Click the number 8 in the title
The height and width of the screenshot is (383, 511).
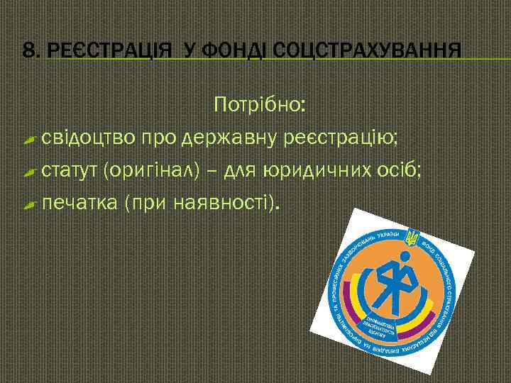(28, 50)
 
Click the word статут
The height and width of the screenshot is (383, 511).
(71, 171)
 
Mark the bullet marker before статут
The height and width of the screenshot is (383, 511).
(29, 172)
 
